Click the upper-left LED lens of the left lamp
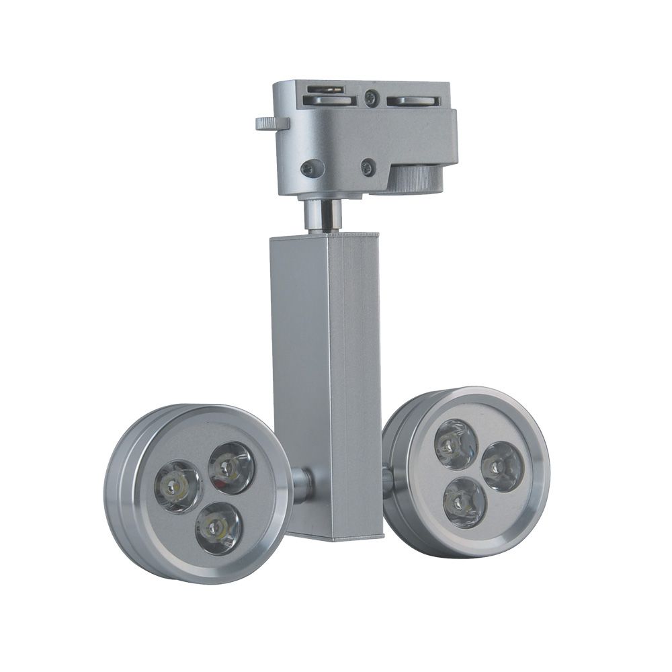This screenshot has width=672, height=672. coord(177,482)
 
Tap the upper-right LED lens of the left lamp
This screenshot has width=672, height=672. coord(230,465)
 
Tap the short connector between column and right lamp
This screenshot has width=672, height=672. coord(388,478)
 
